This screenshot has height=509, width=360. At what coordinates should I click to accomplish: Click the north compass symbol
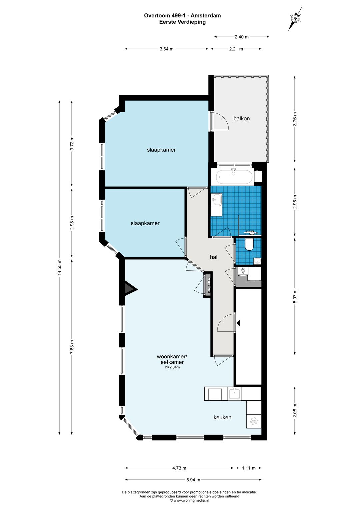(x=295, y=19)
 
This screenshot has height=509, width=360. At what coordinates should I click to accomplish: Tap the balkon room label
(x=241, y=118)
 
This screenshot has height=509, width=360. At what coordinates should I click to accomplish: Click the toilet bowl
(x=249, y=244)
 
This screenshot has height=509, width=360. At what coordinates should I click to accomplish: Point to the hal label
(x=213, y=257)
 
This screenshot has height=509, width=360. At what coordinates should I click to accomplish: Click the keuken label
(x=222, y=417)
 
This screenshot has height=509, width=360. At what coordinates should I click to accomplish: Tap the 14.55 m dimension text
(x=59, y=267)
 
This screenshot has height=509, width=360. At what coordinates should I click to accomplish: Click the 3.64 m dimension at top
(x=167, y=49)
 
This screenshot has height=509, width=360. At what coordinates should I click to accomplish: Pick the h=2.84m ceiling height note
(x=172, y=367)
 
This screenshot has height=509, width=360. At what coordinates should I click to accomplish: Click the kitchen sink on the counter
(x=235, y=394)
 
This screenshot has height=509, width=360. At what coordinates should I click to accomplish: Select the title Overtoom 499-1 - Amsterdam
(x=182, y=15)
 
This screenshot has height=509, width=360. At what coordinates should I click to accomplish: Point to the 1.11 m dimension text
(x=249, y=468)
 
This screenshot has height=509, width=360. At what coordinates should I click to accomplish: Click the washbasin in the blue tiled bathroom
(x=216, y=200)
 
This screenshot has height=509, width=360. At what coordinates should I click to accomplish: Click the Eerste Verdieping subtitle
(x=182, y=22)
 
